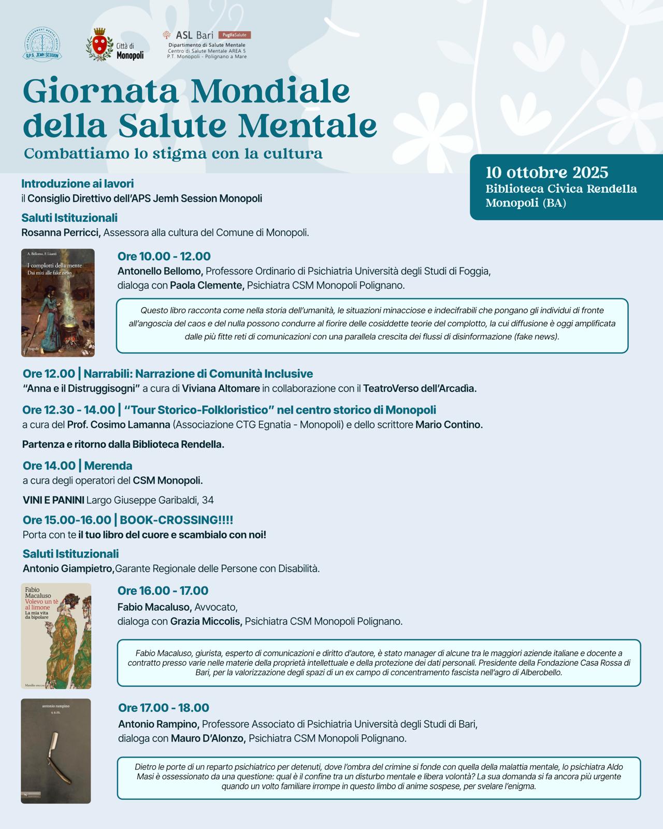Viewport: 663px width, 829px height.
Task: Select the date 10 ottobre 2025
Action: (546, 173)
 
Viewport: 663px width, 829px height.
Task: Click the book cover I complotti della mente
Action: (58, 303)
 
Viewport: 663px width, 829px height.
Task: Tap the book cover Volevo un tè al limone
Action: (56, 636)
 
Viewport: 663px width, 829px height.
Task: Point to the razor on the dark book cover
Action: (56, 754)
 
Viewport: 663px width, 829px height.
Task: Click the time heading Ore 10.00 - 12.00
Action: (164, 256)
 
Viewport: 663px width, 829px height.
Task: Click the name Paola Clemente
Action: (207, 285)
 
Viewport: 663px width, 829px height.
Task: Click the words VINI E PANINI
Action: (53, 500)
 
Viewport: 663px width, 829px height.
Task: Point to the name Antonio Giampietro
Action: (68, 568)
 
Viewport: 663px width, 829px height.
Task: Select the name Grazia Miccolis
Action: (206, 621)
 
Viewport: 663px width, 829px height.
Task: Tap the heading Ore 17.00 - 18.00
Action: (164, 708)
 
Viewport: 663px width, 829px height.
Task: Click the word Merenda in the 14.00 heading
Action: (108, 465)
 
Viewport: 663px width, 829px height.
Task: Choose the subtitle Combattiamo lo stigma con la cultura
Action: (173, 153)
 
